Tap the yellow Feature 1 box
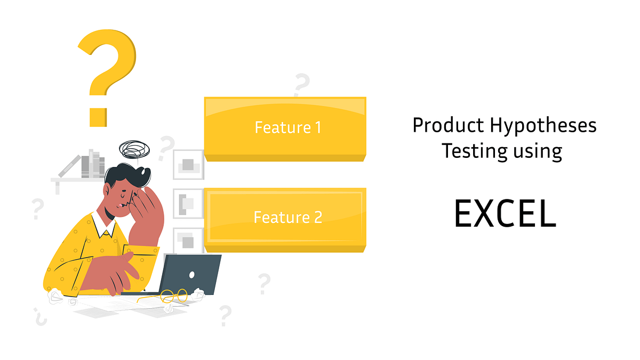(x=285, y=128)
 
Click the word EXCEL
(x=505, y=214)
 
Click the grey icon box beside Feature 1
(x=188, y=165)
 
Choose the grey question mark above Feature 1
(x=301, y=85)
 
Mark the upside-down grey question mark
(x=39, y=316)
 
